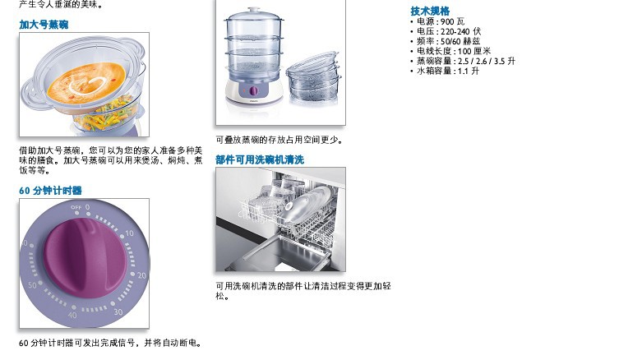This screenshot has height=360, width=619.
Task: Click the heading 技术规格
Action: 430,11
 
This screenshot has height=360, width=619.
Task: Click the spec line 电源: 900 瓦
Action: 441,21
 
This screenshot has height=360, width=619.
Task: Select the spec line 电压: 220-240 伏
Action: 449,31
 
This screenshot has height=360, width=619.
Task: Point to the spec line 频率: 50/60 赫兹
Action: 449,41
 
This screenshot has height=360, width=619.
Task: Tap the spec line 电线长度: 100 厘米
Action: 454,51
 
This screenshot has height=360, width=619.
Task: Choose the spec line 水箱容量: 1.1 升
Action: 448,71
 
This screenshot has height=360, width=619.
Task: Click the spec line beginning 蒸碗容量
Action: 466,61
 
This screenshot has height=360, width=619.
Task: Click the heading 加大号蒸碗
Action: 44,25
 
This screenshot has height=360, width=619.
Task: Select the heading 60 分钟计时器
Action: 50,191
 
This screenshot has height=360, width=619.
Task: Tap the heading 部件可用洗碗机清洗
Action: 260,159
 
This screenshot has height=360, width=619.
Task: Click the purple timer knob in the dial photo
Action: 84,257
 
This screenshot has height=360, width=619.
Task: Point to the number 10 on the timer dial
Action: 130,233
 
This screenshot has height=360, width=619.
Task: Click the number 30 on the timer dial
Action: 118,312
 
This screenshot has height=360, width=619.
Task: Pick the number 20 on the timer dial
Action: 141,275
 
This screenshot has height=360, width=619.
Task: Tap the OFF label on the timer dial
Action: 76,207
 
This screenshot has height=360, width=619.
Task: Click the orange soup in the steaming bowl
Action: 87,82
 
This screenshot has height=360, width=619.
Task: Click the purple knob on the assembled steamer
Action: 254,91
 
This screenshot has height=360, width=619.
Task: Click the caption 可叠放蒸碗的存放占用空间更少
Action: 279,140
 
